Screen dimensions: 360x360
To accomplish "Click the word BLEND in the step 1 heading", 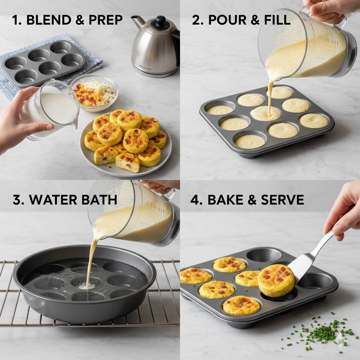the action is click(49, 20).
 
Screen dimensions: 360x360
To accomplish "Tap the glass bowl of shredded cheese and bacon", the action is click(94, 92).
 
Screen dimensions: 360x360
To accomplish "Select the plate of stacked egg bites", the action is click(126, 144).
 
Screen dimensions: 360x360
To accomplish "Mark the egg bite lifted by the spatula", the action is click(276, 280).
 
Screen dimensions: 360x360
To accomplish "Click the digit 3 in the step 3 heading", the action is click(17, 200).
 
